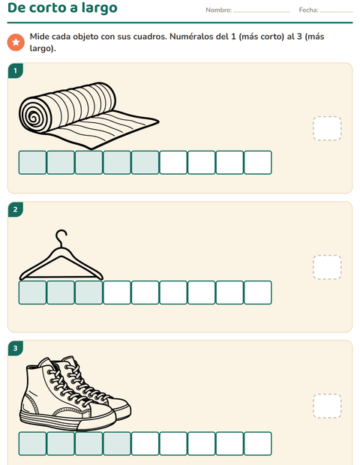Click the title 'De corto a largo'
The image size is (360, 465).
[62, 8]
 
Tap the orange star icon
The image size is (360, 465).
[16, 43]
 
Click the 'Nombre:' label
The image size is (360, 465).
[218, 10]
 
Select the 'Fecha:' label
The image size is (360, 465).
[308, 10]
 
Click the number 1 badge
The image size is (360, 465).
[16, 71]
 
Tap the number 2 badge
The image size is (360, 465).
[16, 210]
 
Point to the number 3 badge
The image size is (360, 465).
[16, 348]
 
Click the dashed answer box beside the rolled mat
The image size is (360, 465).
[327, 128]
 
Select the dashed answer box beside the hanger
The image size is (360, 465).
[327, 267]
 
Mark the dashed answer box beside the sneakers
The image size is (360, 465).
[327, 406]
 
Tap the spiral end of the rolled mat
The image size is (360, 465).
[33, 115]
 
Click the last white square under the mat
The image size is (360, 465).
[258, 163]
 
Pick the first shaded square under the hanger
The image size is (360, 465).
[32, 292]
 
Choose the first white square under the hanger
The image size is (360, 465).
[117, 292]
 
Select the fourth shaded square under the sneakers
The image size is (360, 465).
[117, 444]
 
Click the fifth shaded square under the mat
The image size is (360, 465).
[145, 163]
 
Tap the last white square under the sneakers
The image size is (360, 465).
[258, 444]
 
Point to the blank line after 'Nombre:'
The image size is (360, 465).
[262, 12]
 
